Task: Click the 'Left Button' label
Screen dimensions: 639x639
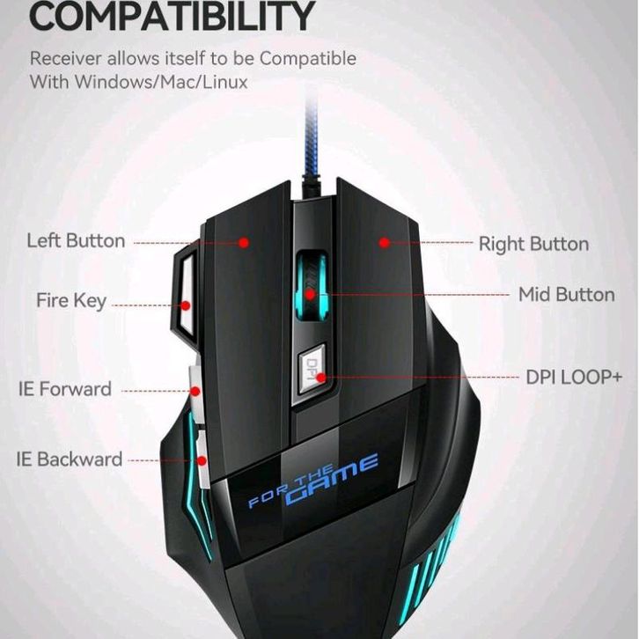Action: (76, 240)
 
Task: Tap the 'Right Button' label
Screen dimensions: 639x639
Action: (533, 244)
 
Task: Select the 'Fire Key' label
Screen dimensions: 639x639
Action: (71, 300)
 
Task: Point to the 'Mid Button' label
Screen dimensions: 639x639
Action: (566, 294)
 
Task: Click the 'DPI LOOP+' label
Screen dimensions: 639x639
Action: (574, 377)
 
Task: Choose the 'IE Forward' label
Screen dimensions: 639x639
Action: (65, 388)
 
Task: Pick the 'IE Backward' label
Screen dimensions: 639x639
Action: (69, 459)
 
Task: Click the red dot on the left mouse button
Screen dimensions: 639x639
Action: (245, 242)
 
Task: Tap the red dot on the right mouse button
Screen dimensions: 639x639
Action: (384, 241)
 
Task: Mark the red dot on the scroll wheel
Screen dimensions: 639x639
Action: (310, 294)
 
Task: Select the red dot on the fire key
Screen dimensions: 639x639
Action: (186, 306)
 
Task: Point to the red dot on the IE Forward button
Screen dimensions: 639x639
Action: (196, 390)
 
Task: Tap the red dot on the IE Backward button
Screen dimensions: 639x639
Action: (203, 459)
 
